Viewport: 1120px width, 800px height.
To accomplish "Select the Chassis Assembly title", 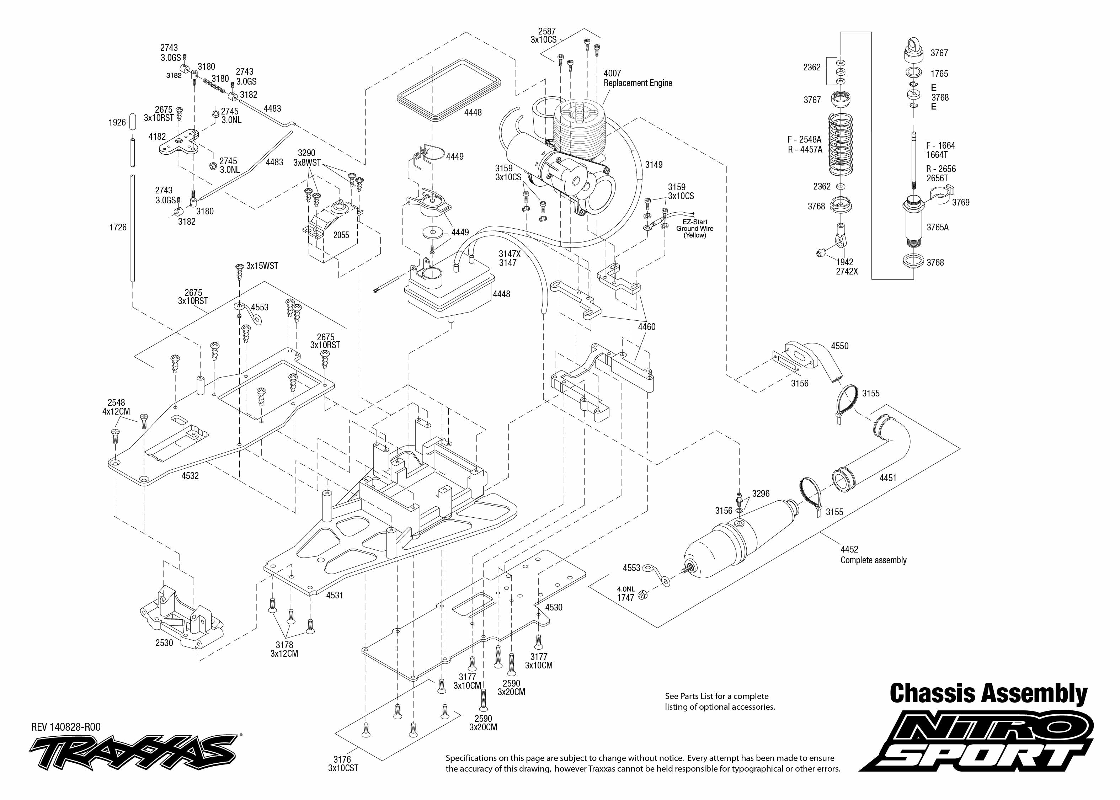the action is click(988, 694).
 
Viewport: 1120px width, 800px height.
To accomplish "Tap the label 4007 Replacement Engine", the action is click(638, 78).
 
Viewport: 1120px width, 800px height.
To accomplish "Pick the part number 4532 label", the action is click(190, 476).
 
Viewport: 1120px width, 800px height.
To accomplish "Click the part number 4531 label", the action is click(335, 595).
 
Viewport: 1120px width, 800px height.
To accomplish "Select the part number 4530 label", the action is click(554, 607).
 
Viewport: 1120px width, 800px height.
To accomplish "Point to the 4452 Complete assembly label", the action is click(873, 555).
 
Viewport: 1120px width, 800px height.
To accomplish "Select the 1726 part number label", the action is click(118, 227).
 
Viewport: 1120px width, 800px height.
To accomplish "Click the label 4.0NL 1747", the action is click(626, 593).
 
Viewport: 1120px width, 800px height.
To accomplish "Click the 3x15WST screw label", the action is click(262, 266).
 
